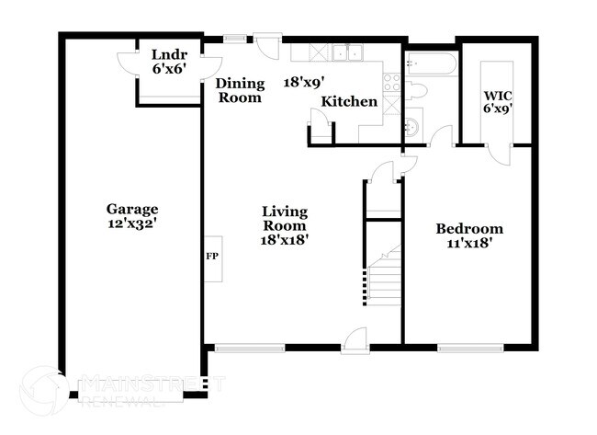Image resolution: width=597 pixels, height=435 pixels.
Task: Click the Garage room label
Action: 131,209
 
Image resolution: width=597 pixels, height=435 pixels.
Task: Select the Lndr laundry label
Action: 169,54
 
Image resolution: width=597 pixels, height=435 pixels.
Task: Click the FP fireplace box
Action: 210,255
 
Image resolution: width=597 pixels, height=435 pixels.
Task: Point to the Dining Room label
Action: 239,89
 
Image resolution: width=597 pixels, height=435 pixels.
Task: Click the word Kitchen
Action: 349,101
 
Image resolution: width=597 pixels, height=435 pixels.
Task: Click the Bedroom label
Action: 468,229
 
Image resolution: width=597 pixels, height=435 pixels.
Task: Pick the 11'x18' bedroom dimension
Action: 468,244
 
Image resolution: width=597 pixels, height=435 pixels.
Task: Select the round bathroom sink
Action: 414,124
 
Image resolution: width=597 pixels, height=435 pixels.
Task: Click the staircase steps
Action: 381,280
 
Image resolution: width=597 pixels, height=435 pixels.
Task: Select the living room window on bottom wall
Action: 249,347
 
